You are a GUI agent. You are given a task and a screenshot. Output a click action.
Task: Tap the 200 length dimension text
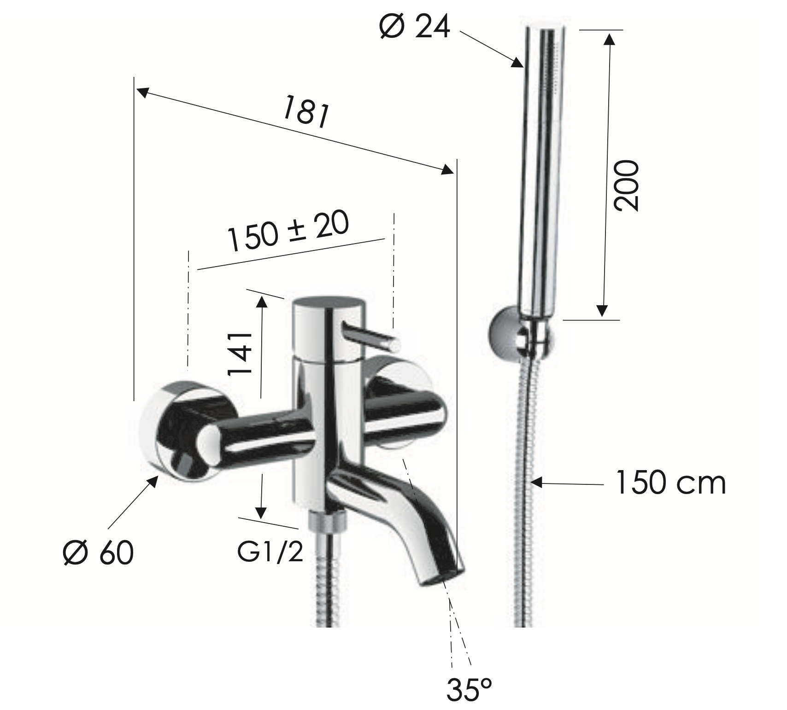(627, 186)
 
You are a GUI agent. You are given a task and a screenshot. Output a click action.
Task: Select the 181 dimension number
(306, 111)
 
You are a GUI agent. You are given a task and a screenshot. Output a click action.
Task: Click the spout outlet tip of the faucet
(441, 579)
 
